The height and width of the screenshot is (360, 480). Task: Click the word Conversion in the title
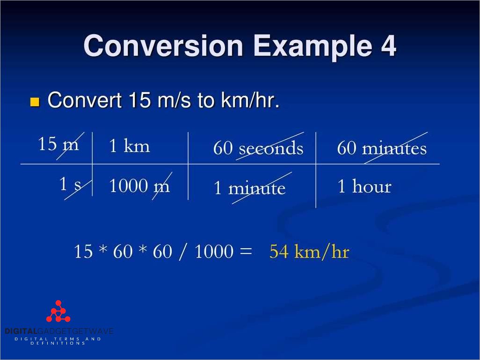tap(163, 46)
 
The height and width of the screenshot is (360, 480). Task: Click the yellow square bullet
tap(35, 102)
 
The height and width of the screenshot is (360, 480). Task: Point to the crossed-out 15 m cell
tap(58, 144)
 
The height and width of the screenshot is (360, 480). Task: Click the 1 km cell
tap(129, 146)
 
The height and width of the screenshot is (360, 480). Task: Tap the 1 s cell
tap(70, 185)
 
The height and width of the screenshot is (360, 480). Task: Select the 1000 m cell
tap(139, 186)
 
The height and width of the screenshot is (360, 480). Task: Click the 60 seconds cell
tap(258, 148)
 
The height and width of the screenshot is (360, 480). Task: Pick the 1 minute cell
tap(249, 188)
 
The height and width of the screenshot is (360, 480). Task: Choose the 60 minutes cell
tap(382, 148)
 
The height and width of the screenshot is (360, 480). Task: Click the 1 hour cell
tap(364, 187)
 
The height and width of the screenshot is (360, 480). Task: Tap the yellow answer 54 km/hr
tap(309, 252)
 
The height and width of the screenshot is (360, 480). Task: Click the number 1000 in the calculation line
tap(213, 252)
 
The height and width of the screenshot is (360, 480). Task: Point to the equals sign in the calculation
tap(246, 252)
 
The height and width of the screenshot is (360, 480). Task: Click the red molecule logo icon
tap(58, 312)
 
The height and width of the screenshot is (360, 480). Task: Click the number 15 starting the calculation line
tap(83, 252)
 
